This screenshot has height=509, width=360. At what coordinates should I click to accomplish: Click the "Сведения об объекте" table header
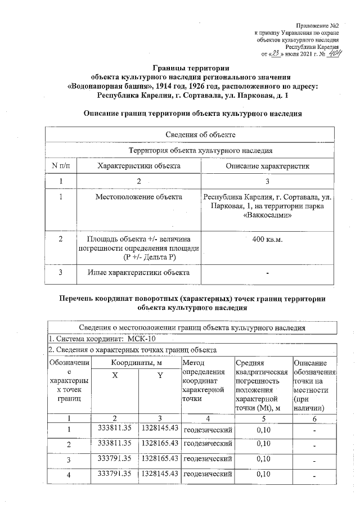tap(192, 135)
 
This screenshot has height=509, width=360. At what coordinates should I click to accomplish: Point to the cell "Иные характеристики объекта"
tap(138, 273)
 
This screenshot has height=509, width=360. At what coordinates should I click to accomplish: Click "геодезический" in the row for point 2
tap(208, 444)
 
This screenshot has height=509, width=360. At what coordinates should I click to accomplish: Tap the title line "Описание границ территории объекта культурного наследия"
tap(192, 113)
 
